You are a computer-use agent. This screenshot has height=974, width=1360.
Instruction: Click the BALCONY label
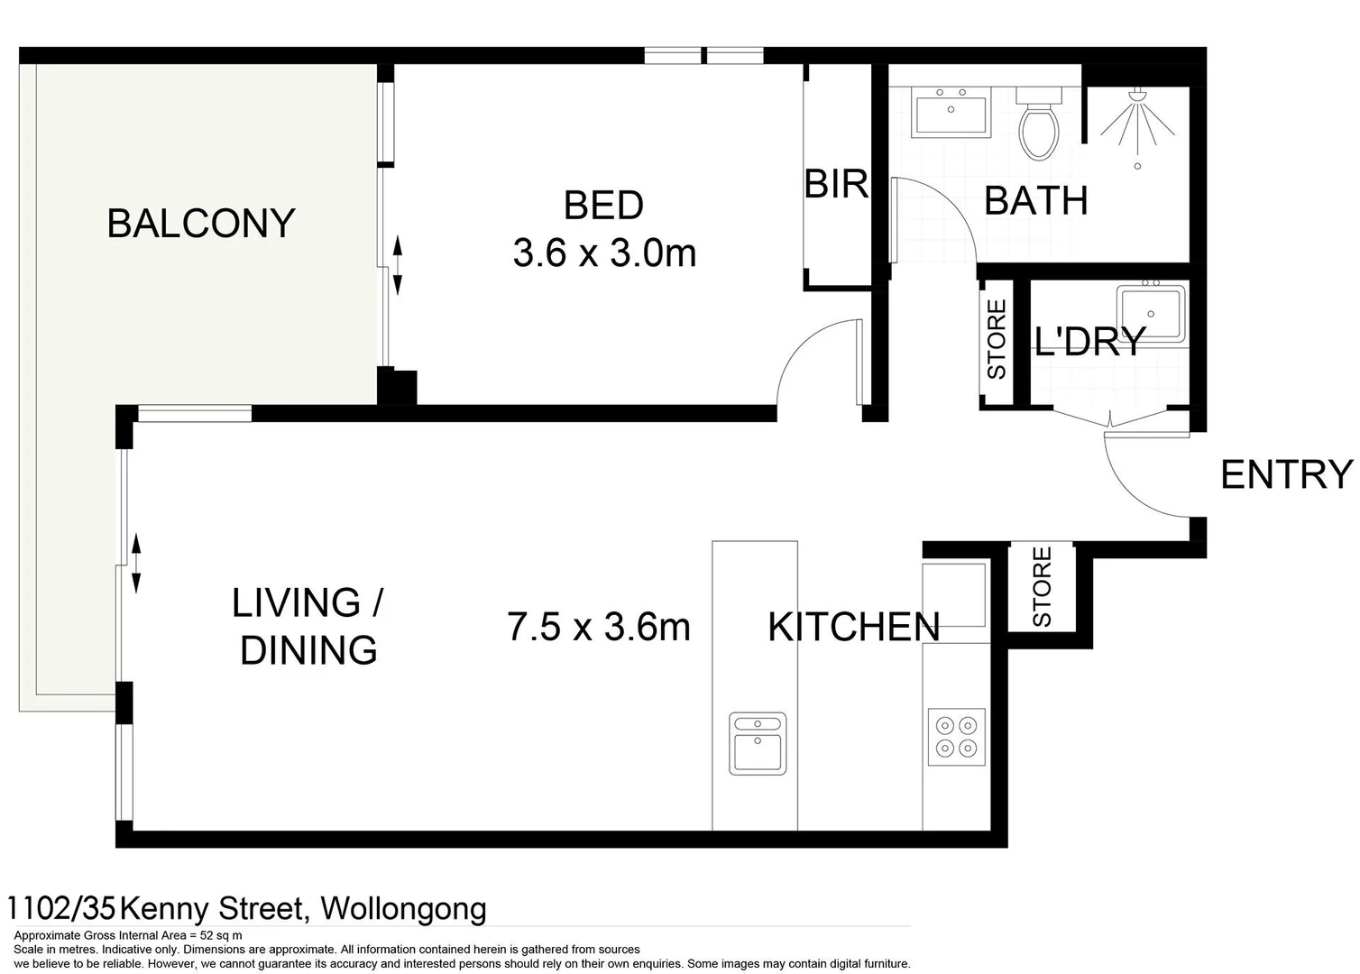(201, 223)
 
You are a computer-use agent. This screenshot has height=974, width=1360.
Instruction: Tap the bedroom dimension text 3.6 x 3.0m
(604, 253)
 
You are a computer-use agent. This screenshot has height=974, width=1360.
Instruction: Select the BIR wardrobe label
(836, 184)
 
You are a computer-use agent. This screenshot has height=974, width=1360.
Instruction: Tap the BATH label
(1035, 200)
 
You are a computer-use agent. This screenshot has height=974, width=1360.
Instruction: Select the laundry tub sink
(1151, 312)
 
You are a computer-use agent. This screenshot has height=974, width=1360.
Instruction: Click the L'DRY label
(1089, 342)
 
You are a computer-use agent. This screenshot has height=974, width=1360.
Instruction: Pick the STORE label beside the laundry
(997, 339)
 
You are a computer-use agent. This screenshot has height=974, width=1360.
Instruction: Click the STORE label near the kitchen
(1042, 586)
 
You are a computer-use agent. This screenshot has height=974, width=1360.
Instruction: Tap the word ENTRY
(1286, 474)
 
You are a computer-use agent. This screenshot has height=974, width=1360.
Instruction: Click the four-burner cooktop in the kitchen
(956, 735)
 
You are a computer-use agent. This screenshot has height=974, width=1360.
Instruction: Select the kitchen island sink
(758, 742)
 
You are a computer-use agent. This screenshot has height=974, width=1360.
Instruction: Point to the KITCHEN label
(853, 627)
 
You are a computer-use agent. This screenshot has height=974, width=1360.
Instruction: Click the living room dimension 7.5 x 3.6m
(599, 627)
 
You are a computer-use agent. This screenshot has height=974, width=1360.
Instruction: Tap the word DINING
(308, 650)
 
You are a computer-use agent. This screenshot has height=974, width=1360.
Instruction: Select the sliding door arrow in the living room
(136, 562)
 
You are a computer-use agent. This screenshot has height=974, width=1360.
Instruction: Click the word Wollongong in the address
(403, 908)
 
